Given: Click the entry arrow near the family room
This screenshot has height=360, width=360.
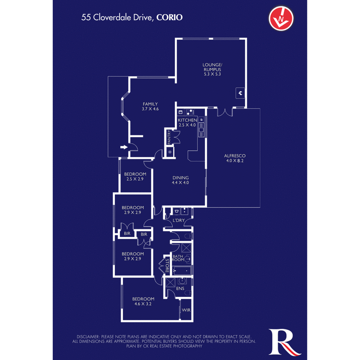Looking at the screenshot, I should tap(124, 147).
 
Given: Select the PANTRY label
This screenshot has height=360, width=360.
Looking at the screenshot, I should tap(169, 138).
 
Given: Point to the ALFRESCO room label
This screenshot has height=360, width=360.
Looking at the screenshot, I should tap(234, 156).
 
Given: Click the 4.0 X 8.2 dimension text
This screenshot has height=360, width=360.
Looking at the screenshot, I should tap(234, 161).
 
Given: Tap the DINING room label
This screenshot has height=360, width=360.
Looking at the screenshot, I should tap(180, 177).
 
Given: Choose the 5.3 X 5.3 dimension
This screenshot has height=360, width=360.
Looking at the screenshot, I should tap(212, 74).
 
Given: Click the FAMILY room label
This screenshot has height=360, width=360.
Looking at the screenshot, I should tap(150, 104).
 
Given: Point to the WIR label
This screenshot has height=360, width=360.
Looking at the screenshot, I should tap(185, 310).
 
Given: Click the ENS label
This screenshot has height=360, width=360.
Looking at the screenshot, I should tap(180, 288).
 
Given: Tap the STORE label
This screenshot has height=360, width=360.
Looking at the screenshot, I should tap(166, 265).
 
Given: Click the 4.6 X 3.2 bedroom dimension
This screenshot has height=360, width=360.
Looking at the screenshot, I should tap(143, 304).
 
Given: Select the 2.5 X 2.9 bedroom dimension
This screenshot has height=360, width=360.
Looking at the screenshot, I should tap(135, 180).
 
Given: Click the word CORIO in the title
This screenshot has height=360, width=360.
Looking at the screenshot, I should tap(170, 18).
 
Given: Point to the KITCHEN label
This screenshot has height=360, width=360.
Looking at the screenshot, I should tap(187, 121).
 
